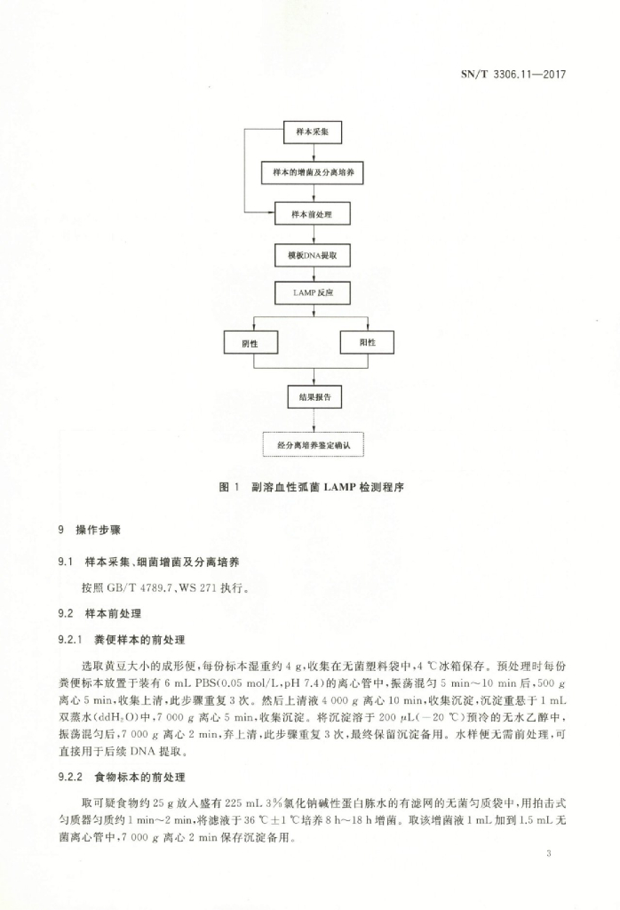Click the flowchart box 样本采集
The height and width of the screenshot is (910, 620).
(x=313, y=132)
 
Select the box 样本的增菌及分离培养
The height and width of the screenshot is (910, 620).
(x=313, y=172)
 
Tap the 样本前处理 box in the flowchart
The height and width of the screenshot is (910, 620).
(x=313, y=214)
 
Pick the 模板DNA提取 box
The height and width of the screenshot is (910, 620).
(x=313, y=255)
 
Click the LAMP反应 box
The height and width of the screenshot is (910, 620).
(x=313, y=291)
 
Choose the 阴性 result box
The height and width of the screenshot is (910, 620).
(x=253, y=342)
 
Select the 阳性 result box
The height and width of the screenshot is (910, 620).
(x=366, y=342)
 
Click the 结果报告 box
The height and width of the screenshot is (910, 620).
(x=313, y=397)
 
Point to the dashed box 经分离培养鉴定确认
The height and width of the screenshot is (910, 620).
(x=313, y=443)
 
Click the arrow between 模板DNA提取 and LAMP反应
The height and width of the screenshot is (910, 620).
(x=313, y=274)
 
